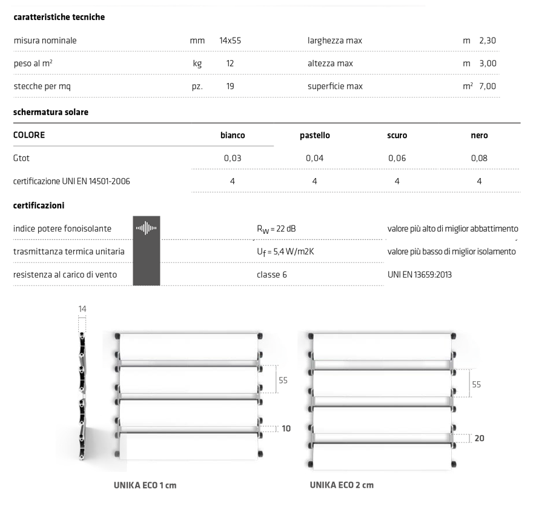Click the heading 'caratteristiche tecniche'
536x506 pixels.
pos(59,17)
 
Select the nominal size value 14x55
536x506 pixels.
pos(231,41)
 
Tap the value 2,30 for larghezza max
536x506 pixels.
pos(487,41)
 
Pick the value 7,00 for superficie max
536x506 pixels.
pos(487,86)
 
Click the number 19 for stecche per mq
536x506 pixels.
pos(230,86)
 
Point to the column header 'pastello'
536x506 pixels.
pos(315,136)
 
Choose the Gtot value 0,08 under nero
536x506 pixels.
pos(479,158)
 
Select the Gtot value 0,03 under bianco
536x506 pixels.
pos(233,158)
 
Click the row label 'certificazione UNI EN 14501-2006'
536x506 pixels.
pos(71,181)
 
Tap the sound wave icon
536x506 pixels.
pos(146,228)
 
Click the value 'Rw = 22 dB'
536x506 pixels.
pos(276,228)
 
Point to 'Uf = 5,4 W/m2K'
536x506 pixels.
pos(284,251)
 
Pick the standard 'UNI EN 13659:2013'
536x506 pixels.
pos(420,275)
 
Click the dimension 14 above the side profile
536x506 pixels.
pos(82,309)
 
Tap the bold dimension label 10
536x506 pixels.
pos(286,428)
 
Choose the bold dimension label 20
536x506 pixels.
pos(479,438)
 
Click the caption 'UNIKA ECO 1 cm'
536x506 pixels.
pos(145,485)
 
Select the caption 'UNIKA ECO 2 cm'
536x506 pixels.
pos(342,485)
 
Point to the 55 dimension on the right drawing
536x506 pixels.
pos(477,384)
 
